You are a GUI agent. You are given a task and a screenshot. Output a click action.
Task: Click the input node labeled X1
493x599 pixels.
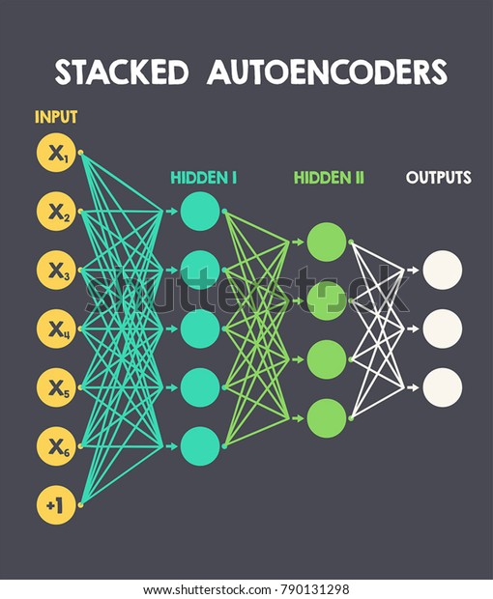pyautogui.click(x=56, y=152)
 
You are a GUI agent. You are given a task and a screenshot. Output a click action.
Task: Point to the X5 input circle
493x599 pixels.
pyautogui.click(x=56, y=386)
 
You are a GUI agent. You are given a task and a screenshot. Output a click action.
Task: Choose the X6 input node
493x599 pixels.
pyautogui.click(x=56, y=445)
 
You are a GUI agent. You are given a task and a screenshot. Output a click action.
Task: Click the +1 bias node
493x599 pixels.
pyautogui.click(x=56, y=504)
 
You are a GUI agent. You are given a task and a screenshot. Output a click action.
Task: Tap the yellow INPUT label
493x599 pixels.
pyautogui.click(x=56, y=118)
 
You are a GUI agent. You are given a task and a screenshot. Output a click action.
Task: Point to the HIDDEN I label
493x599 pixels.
pyautogui.click(x=204, y=178)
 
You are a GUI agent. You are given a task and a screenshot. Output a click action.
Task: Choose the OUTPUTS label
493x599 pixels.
pyautogui.click(x=439, y=178)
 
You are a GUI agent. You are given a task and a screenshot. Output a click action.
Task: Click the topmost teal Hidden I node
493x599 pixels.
pyautogui.click(x=201, y=211)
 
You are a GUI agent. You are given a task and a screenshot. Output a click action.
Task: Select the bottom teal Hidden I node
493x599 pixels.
pyautogui.click(x=201, y=445)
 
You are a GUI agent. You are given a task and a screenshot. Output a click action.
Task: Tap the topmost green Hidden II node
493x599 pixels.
pyautogui.click(x=327, y=242)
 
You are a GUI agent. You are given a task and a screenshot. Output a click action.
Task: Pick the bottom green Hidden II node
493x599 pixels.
pyautogui.click(x=327, y=418)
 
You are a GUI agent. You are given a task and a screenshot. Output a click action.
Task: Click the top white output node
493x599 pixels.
pyautogui.click(x=443, y=270)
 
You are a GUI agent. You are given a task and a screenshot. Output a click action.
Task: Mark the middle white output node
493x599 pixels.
pyautogui.click(x=443, y=328)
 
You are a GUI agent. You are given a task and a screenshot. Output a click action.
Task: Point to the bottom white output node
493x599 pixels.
pyautogui.click(x=443, y=387)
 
